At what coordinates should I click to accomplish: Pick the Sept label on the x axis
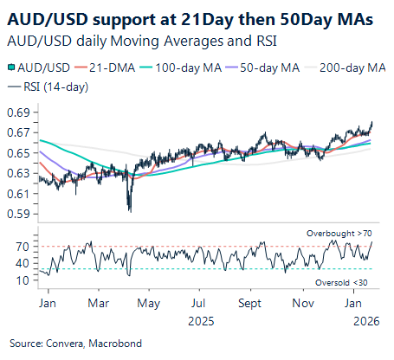[x=249, y=304]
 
